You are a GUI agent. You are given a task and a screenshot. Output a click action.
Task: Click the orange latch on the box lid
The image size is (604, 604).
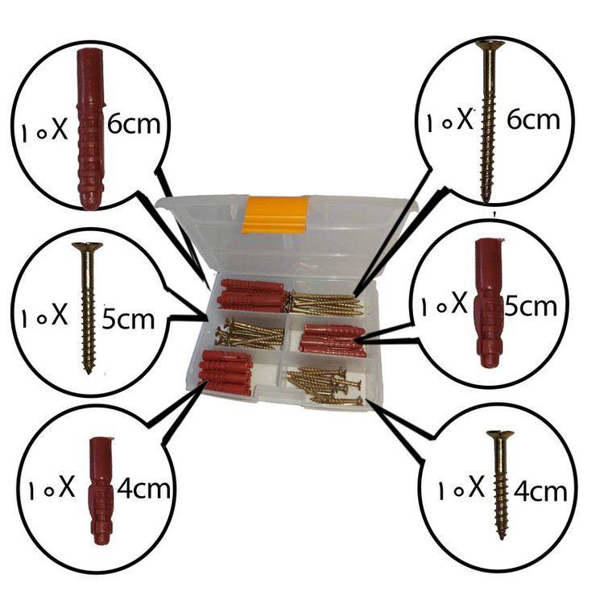point(275,215)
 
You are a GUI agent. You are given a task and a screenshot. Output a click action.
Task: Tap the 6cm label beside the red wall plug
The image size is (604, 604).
point(134,124)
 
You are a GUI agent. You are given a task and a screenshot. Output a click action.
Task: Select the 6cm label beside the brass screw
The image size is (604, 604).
point(533,119)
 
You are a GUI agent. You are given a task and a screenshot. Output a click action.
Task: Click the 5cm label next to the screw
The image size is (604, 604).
point(128,319)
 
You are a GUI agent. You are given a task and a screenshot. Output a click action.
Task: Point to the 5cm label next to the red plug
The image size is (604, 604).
point(531,306)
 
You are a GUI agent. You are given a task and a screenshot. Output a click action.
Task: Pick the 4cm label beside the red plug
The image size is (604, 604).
point(143,489)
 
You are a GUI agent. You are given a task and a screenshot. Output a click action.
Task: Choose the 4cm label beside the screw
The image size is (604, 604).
point(540,492)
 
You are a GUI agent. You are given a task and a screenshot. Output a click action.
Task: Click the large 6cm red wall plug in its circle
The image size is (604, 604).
point(90,129)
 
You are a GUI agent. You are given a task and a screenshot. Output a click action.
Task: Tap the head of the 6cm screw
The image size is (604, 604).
point(490,45)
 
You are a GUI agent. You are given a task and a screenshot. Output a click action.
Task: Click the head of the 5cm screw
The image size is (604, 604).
point(88,246)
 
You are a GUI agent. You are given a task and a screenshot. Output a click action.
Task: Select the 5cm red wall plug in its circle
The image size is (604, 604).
point(489,303)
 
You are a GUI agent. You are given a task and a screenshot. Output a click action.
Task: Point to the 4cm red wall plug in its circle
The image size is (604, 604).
point(101,490)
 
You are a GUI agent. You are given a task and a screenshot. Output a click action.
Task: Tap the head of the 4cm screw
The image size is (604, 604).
point(500,435)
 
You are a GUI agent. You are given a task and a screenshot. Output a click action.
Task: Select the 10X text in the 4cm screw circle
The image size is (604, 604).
point(461,489)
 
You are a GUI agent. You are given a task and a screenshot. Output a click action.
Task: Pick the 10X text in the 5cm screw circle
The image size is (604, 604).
point(44,316)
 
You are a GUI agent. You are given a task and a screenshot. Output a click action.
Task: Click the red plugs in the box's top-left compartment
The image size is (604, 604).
point(253,296)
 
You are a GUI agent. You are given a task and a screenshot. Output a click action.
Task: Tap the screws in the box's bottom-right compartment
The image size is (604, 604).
point(325,387)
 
